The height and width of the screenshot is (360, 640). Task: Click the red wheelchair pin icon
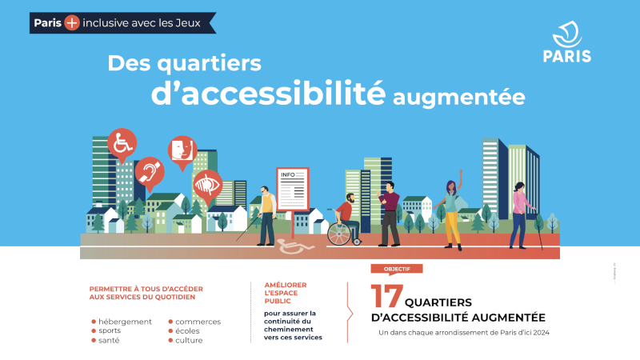pyautogui.click(x=122, y=145)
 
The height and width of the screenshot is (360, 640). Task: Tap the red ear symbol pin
pyautogui.click(x=150, y=173)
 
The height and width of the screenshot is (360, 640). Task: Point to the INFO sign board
pyautogui.click(x=292, y=189)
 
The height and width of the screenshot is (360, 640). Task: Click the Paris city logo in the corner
pyautogui.click(x=567, y=42)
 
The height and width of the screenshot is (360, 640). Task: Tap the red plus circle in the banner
pyautogui.click(x=72, y=23)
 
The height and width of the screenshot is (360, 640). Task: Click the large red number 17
pyautogui.click(x=386, y=296)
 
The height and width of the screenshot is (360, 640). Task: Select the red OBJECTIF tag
pyautogui.click(x=397, y=269)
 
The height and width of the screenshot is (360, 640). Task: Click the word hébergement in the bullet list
pyautogui.click(x=125, y=322)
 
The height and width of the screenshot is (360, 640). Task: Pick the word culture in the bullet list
pyautogui.click(x=189, y=340)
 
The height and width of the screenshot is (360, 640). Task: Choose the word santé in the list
pyautogui.click(x=109, y=340)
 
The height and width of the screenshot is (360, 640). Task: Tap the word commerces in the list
pyautogui.click(x=198, y=322)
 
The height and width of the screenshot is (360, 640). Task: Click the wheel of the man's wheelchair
pyautogui.click(x=339, y=234)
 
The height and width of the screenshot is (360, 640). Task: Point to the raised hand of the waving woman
pyautogui.click(x=462, y=173)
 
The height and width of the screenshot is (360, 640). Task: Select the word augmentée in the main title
pyautogui.click(x=458, y=98)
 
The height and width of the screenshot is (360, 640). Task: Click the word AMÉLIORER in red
pyautogui.click(x=286, y=285)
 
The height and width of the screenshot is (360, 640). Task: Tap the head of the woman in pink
pyautogui.click(x=519, y=187)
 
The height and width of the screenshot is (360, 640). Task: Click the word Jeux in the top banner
pyautogui.click(x=188, y=23)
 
